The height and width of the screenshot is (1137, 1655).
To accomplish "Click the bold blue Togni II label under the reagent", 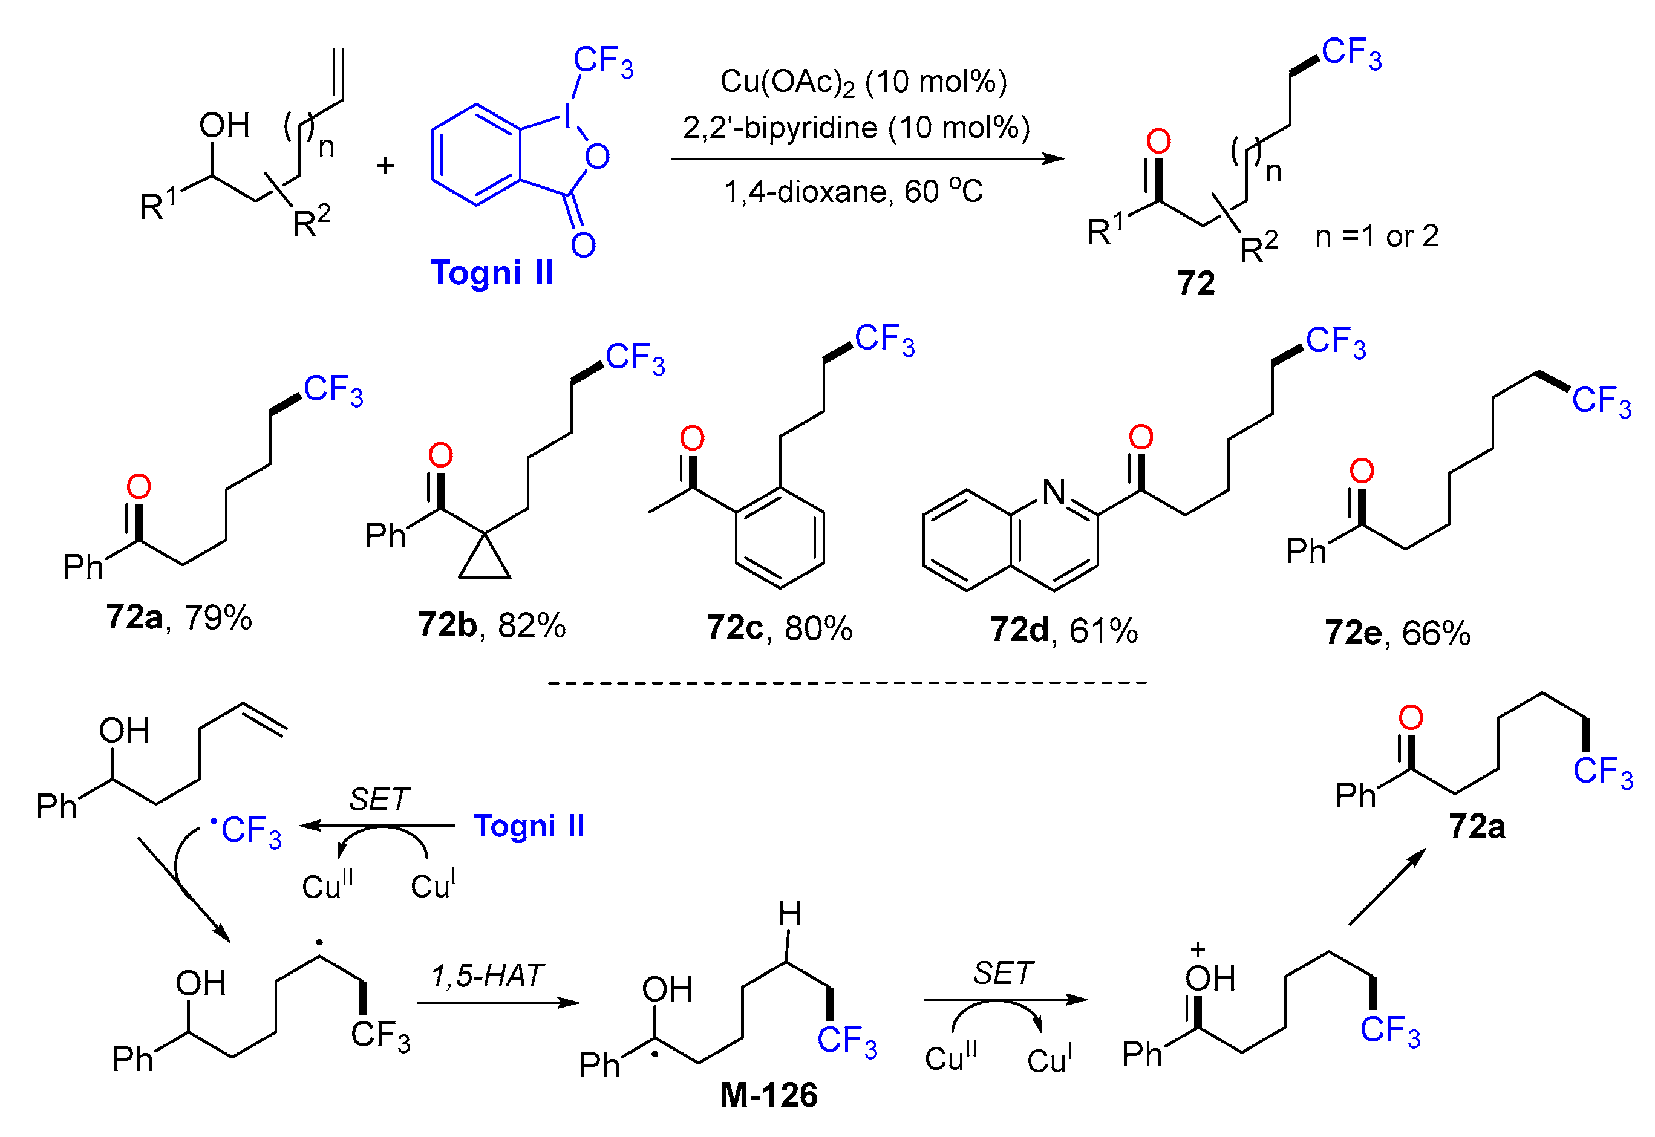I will click(492, 273).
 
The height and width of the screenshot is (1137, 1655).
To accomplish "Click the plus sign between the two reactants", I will click(385, 166).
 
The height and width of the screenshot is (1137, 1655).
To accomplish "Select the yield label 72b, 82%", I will click(492, 625).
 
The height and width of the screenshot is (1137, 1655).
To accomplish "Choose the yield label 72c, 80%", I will click(779, 628).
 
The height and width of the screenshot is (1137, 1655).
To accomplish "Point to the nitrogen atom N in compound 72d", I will click(1054, 492).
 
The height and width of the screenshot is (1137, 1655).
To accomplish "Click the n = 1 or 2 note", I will click(1376, 236).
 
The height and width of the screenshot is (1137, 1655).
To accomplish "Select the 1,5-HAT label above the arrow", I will click(488, 976).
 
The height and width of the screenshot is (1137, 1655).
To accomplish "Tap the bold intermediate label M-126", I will click(769, 1095).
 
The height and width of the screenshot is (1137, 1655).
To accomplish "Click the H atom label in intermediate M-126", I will click(789, 914).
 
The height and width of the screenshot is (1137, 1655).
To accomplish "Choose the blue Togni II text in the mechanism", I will click(529, 826).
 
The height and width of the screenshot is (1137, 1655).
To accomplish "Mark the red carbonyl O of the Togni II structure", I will click(583, 245).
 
